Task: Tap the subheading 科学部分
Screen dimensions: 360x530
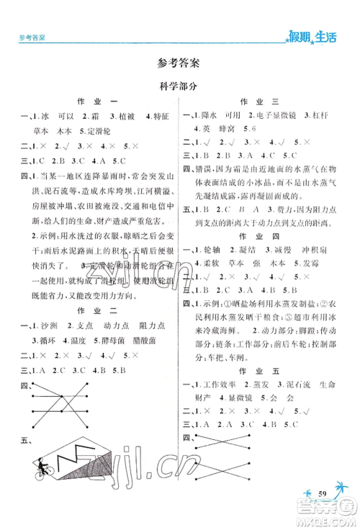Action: (180, 84)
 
